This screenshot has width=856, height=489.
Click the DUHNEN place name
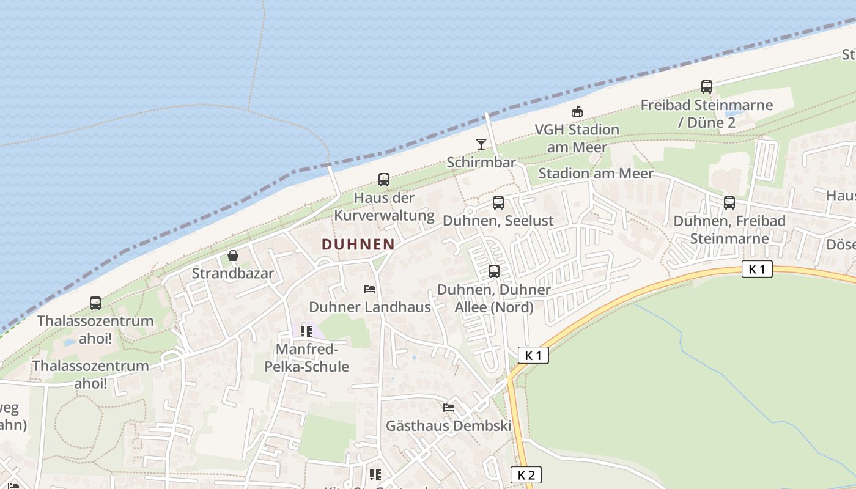tap(358, 244)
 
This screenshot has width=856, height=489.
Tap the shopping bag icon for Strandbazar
tap(232, 255)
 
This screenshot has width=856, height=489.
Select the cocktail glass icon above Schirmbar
tap(481, 144)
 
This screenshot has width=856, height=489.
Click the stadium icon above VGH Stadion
tap(577, 111)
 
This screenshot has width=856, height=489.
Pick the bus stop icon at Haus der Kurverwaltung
tap(383, 180)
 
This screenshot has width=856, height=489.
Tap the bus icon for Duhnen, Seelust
tap(498, 203)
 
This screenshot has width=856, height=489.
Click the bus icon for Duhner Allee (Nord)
tap(493, 271)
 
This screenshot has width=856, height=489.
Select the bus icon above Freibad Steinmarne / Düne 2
tap(706, 87)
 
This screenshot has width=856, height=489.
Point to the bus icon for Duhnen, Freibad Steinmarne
tap(729, 203)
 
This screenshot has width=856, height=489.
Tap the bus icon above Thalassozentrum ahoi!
tap(95, 303)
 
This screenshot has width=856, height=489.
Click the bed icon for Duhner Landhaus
tap(369, 289)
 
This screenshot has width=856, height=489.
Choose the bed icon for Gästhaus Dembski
tap(449, 408)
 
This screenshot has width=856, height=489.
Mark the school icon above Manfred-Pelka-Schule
tap(306, 331)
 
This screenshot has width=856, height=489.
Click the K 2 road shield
tap(526, 475)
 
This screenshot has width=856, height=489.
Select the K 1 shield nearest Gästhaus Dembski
tap(533, 355)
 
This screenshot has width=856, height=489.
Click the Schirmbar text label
tap(481, 163)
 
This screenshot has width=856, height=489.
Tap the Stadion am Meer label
tap(596, 174)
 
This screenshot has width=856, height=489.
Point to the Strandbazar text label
tap(232, 273)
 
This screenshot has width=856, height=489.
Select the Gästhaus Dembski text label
tap(448, 425)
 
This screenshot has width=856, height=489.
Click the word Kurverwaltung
tap(384, 216)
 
